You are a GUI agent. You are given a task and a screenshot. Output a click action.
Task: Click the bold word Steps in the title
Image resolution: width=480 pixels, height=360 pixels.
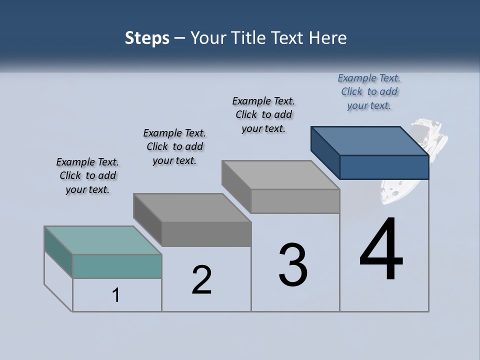click(147, 38)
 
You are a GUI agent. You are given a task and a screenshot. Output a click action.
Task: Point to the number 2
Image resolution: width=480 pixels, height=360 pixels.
click(202, 280)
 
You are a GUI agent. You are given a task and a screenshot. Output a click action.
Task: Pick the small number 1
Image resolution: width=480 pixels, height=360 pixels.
click(116, 295)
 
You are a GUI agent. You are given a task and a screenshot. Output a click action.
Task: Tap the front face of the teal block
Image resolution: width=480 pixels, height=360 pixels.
click(117, 266)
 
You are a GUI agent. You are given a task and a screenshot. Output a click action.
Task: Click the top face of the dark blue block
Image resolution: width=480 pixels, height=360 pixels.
click(370, 141)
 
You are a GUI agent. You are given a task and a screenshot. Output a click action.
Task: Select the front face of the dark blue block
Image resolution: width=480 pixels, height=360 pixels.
click(384, 167)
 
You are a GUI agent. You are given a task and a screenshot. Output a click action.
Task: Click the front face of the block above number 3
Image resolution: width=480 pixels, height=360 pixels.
click(295, 201)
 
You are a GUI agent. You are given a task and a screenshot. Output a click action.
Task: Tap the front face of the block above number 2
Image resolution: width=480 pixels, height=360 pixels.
click(206, 234)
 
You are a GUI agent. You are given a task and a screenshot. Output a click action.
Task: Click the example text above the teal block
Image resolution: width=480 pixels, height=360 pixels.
click(87, 175)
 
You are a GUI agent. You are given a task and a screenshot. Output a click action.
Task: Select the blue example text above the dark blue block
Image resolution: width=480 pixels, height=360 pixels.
click(369, 91)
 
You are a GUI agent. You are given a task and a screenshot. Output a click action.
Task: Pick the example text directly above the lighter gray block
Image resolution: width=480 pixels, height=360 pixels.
click(263, 114)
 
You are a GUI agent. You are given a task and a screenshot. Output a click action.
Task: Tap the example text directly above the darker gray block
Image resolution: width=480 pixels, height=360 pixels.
click(174, 146)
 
